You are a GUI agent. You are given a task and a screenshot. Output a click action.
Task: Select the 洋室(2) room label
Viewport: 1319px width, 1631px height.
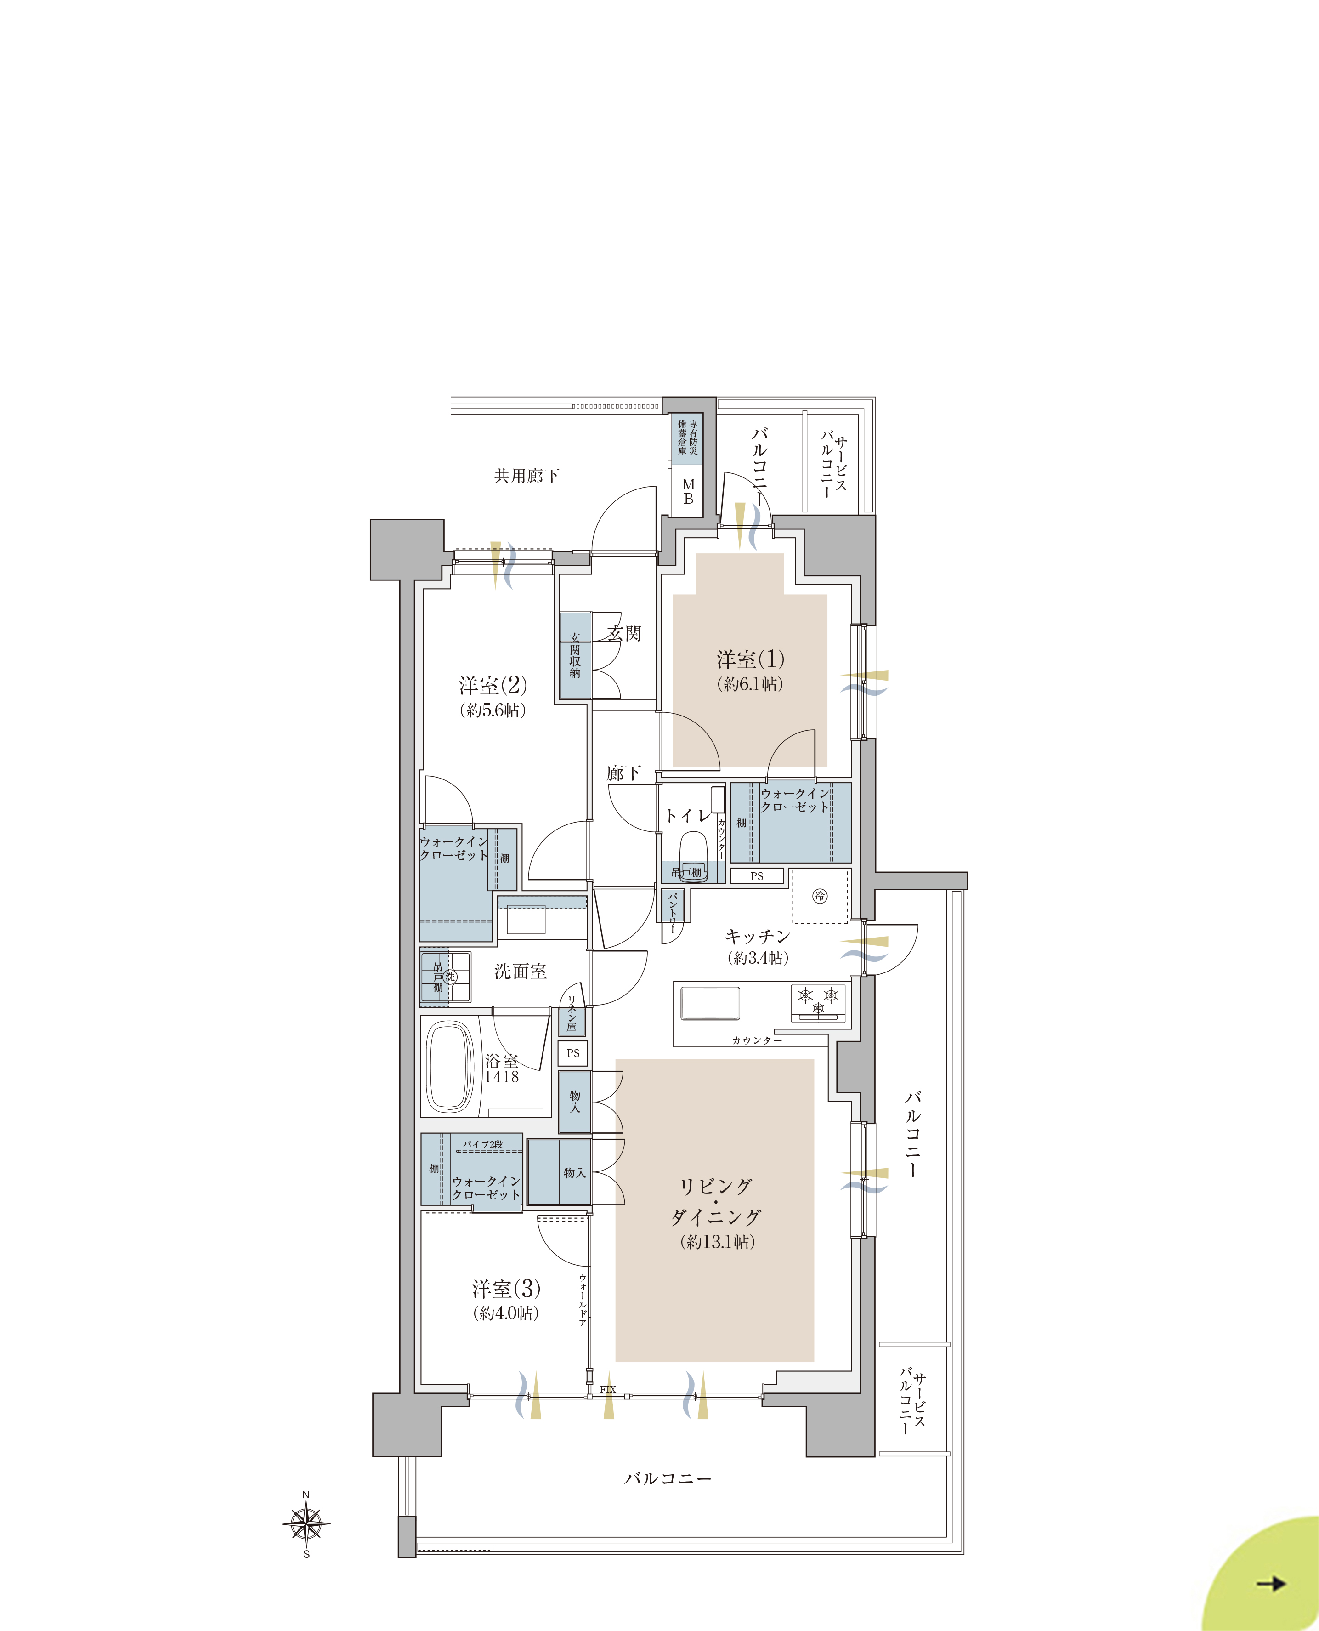493,686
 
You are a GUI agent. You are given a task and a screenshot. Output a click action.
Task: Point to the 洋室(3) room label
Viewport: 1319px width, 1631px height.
506,1289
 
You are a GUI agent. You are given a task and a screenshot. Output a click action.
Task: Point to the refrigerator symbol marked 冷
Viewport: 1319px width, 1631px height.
820,896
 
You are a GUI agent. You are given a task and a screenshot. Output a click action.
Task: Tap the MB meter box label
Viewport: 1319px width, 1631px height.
688,492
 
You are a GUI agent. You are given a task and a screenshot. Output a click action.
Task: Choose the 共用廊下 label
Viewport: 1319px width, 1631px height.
526,476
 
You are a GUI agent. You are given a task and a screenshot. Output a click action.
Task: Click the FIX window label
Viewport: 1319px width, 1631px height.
608,1389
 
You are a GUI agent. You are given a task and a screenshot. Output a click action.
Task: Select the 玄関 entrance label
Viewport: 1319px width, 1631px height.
624,633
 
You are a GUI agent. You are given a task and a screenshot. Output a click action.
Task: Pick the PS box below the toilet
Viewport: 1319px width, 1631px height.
757,875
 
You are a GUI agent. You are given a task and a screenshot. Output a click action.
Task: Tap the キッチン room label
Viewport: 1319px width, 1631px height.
757,936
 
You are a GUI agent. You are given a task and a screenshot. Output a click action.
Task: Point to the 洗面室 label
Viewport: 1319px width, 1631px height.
521,971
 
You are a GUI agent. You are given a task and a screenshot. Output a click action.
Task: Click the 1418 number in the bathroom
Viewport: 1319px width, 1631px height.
502,1076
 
